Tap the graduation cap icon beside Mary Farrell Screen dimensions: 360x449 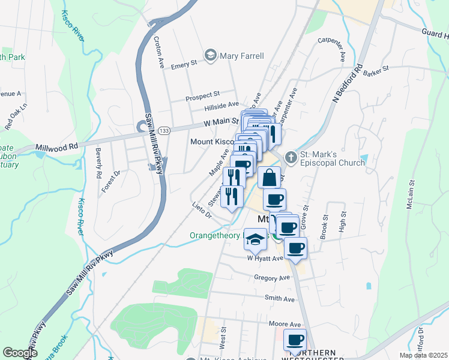pos(211,56)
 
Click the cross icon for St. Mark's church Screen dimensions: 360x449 pos(291,158)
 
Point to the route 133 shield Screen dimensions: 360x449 pos(163,130)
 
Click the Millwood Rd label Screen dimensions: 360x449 pos(57,146)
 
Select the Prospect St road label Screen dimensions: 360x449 pos(203,96)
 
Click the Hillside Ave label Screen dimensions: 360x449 pos(221,106)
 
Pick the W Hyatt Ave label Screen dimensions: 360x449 pos(265,258)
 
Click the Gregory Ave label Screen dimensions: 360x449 pos(271,278)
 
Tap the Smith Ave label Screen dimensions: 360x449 pos(280,298)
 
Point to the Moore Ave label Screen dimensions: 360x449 pos(285,324)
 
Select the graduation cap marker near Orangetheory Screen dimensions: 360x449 pos(256,239)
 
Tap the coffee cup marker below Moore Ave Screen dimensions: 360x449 pos(295,340)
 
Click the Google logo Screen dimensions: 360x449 pos(19,353)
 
